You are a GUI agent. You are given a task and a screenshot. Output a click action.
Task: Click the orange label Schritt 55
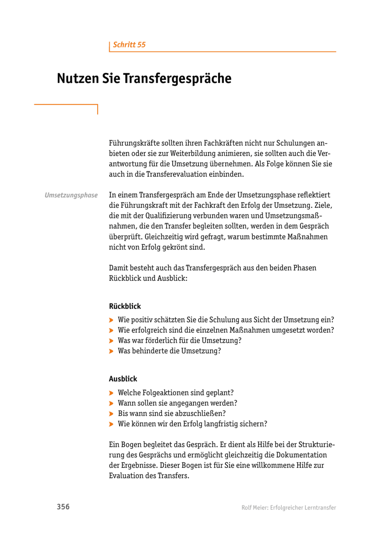pyautogui.click(x=129, y=45)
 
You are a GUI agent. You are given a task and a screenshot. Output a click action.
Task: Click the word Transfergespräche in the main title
pyautogui.click(x=177, y=78)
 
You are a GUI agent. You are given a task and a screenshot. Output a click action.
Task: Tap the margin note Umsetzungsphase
pyautogui.click(x=71, y=195)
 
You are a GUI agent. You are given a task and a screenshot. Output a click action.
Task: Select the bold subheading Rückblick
pyautogui.click(x=125, y=306)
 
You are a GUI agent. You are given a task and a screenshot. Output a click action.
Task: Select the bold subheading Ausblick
pyautogui.click(x=123, y=379)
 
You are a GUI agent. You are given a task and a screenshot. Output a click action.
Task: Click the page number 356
pyautogui.click(x=63, y=507)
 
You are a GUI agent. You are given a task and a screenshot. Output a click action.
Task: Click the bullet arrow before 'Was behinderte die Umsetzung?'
pyautogui.click(x=111, y=351)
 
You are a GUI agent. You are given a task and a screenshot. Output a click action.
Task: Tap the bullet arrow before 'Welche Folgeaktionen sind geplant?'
pyautogui.click(x=111, y=393)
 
